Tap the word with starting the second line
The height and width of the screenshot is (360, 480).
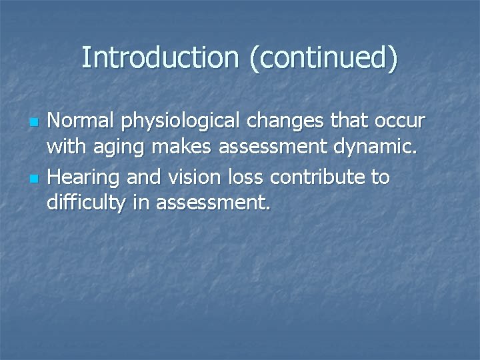63,149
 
